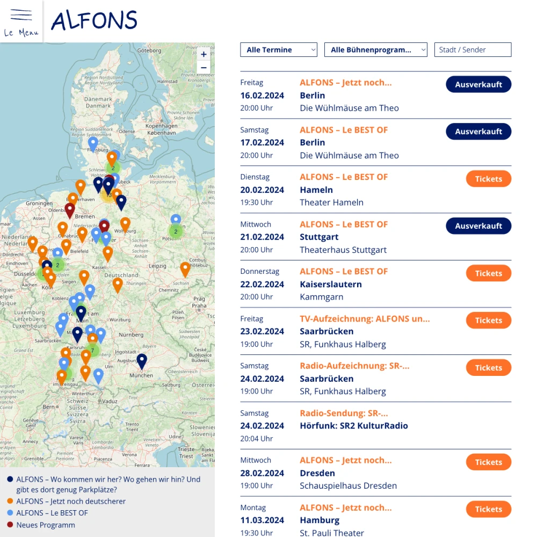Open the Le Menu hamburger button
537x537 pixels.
21,21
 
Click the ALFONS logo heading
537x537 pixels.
95,21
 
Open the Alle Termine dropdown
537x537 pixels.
279,50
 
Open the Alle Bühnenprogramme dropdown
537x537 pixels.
375,50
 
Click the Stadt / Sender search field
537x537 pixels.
473,50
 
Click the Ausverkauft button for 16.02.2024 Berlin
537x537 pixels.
478,84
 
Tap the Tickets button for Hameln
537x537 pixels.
488,179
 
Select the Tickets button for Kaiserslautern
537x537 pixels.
488,273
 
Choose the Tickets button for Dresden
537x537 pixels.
488,462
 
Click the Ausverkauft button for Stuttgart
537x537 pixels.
478,226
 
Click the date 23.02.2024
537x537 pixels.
262,331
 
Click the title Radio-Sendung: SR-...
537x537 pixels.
344,413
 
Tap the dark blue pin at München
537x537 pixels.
142,361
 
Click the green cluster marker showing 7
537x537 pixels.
92,351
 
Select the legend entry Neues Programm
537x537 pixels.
46,525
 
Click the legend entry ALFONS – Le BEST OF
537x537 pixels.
52,513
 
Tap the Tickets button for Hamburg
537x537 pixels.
488,509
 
